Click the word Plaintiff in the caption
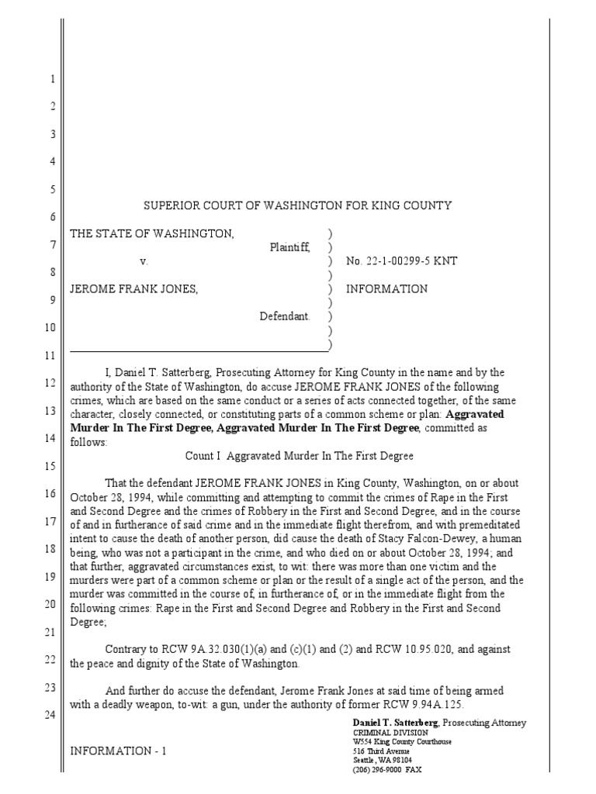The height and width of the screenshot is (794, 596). [x=289, y=247]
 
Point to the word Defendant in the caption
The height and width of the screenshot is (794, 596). [x=285, y=316]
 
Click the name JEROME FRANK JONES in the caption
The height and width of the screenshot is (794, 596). [x=134, y=289]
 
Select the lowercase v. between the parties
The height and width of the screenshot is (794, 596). [x=144, y=261]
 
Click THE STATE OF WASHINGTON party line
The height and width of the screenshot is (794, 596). [x=151, y=233]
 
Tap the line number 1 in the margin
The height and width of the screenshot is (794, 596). [x=52, y=80]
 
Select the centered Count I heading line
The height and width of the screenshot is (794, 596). [x=299, y=455]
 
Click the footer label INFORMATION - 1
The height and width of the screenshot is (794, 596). [x=119, y=751]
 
